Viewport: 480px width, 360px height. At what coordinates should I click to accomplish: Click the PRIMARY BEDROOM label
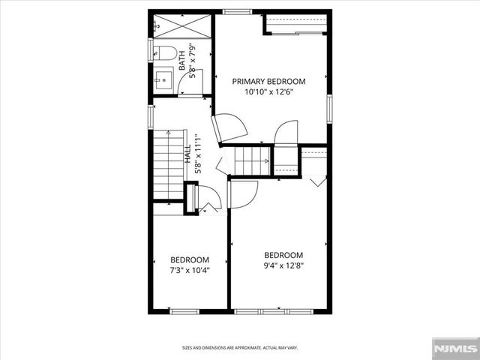[x=268, y=81]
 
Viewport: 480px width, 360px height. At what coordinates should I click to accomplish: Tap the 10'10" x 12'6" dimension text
[x=268, y=92]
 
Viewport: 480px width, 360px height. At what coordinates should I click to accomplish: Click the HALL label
[x=188, y=154]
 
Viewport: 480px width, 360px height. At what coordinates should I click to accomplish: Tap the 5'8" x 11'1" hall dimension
[x=197, y=154]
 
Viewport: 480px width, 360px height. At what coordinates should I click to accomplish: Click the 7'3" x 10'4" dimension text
[x=189, y=269]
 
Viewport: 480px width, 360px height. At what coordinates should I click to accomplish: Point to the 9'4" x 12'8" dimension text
[x=283, y=265]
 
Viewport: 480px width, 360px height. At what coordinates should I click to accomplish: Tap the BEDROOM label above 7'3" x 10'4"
[x=189, y=259]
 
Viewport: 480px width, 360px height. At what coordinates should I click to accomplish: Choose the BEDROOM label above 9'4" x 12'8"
[x=283, y=254]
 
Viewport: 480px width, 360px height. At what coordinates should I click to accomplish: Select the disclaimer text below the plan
[x=239, y=347]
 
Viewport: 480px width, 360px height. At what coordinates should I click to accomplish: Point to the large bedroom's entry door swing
[x=243, y=194]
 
